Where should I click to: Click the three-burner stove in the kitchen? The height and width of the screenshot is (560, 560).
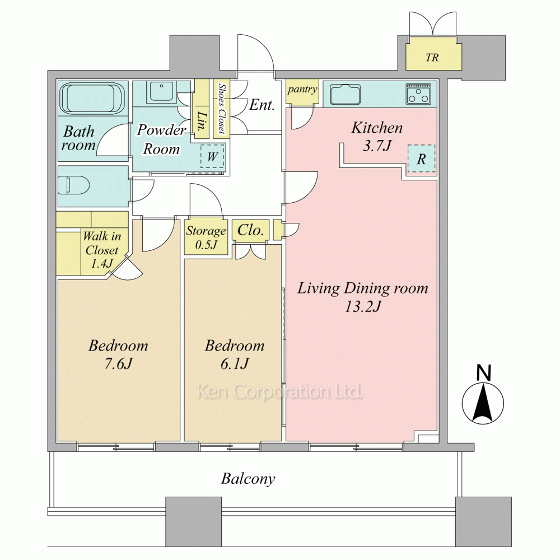coord(418,94)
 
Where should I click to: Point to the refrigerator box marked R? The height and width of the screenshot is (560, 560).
coord(422,158)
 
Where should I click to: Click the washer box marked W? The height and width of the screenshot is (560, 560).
coord(212,156)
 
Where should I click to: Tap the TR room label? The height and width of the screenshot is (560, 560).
coord(432,58)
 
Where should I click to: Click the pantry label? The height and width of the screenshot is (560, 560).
coord(302,89)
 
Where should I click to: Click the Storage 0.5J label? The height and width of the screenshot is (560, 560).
coord(206,237)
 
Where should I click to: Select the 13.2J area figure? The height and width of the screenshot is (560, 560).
coord(363,307)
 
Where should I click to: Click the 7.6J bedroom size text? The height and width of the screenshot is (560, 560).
coord(118,363)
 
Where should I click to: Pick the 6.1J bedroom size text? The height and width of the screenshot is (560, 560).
coord(235,363)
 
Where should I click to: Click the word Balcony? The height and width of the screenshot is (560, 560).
coord(248,479)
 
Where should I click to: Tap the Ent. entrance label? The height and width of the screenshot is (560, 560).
coord(262,105)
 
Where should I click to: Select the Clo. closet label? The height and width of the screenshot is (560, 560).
coord(250,230)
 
